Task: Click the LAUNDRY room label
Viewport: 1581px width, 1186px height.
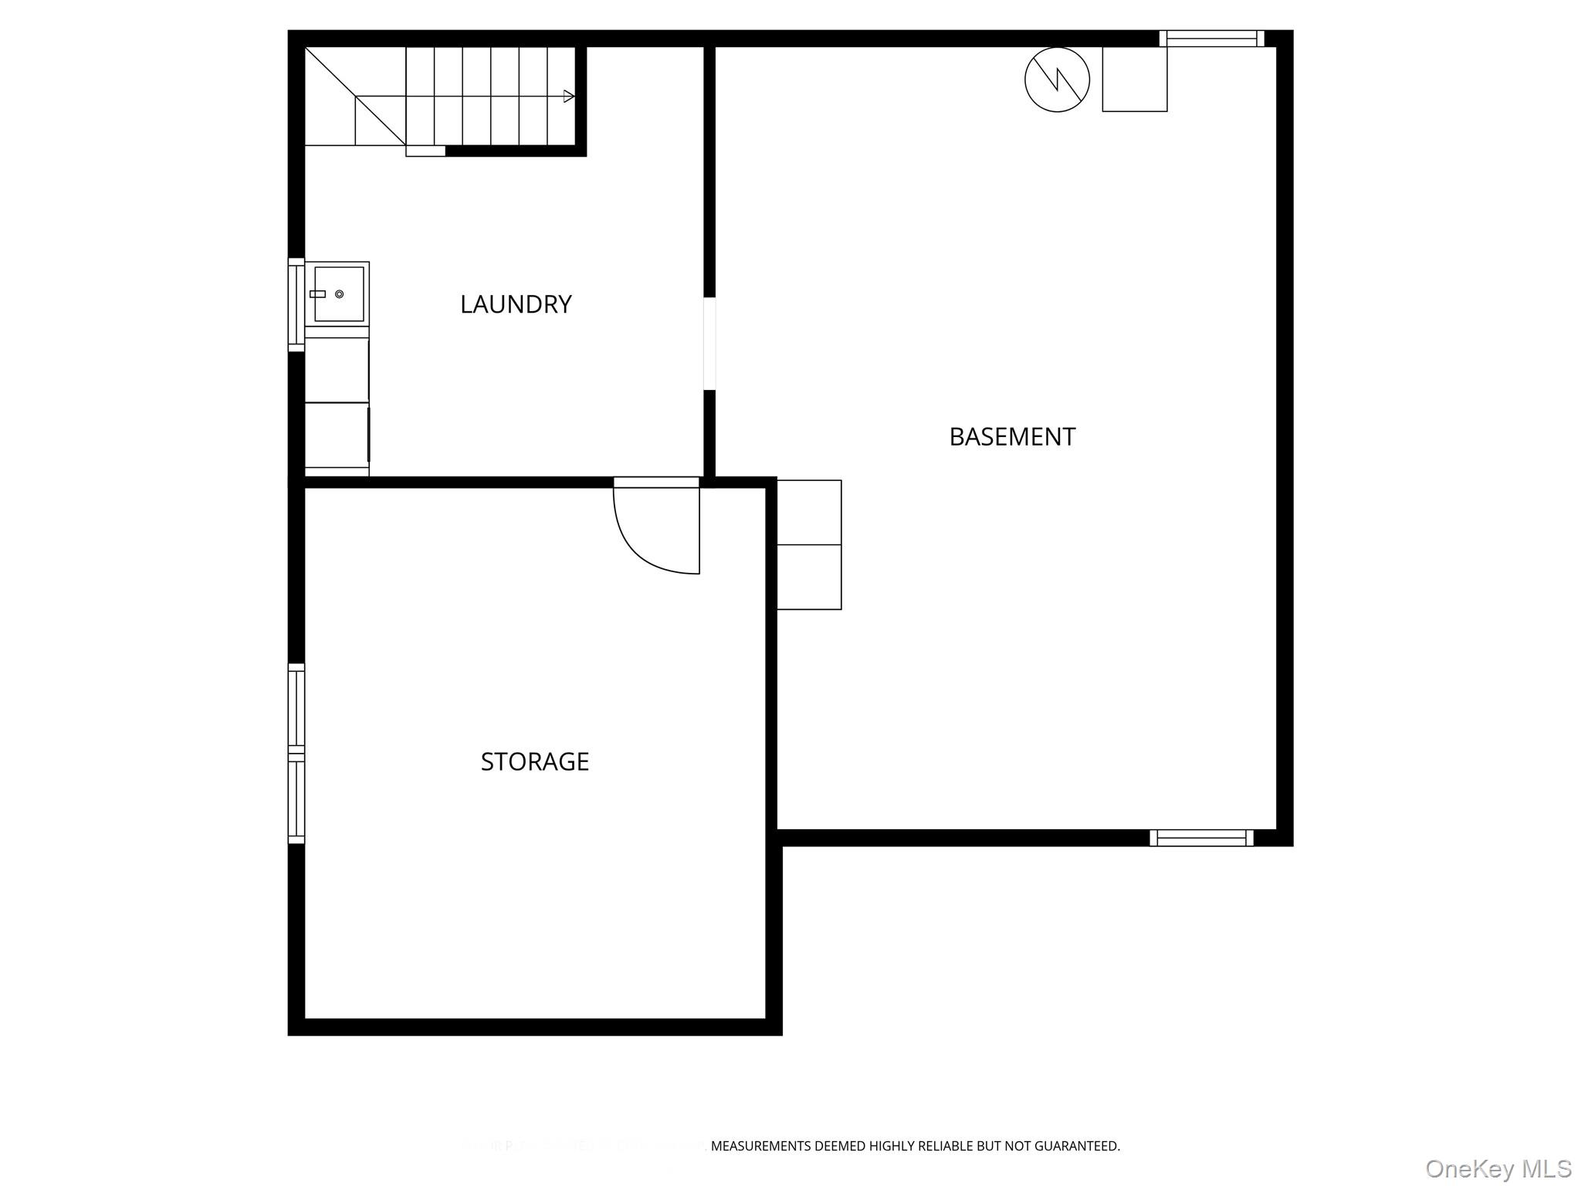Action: tap(516, 304)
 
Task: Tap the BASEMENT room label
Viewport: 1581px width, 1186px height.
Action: tap(1011, 437)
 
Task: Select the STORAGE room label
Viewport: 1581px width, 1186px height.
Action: tap(534, 762)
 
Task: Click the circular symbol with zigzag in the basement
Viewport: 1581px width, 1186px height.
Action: tap(1057, 80)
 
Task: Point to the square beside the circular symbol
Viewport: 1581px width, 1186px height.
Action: tap(1134, 80)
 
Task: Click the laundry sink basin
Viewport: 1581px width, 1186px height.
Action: tap(339, 294)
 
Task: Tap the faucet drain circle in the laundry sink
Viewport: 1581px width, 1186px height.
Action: tap(339, 294)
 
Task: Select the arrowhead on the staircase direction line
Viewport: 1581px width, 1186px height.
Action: tap(569, 97)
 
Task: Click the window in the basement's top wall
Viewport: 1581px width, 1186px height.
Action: tap(1211, 39)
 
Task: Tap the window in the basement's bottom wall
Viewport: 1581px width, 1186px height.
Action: tap(1201, 838)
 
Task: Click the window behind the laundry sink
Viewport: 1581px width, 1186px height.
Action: tap(296, 305)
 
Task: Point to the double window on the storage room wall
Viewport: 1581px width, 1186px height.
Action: tap(296, 754)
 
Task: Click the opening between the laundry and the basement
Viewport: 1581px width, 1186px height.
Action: tap(709, 344)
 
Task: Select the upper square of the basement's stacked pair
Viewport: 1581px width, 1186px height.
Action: tap(809, 513)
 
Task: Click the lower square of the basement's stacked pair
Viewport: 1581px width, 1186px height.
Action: tap(809, 577)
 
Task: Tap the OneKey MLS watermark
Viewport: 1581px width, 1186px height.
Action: tap(1498, 1168)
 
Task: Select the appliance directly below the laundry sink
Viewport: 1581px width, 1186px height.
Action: tap(337, 370)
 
